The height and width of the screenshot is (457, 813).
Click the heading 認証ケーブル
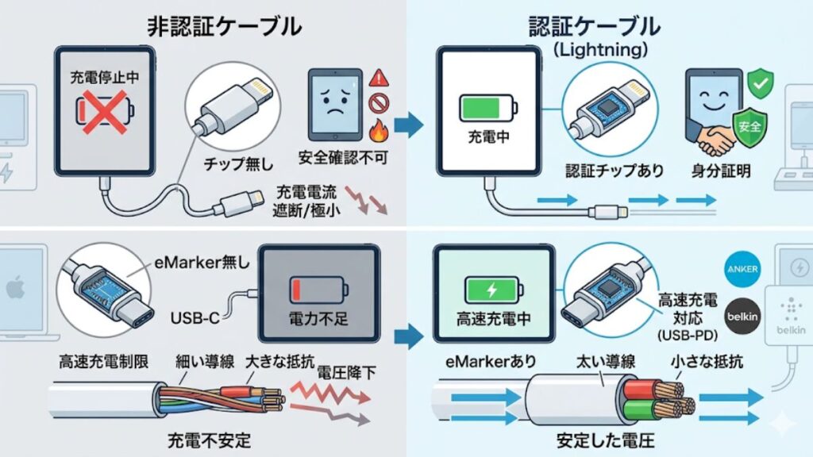point(595,25)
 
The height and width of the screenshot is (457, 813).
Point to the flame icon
point(379,128)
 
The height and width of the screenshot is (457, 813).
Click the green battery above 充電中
point(487,107)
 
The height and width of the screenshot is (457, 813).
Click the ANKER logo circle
point(742,269)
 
